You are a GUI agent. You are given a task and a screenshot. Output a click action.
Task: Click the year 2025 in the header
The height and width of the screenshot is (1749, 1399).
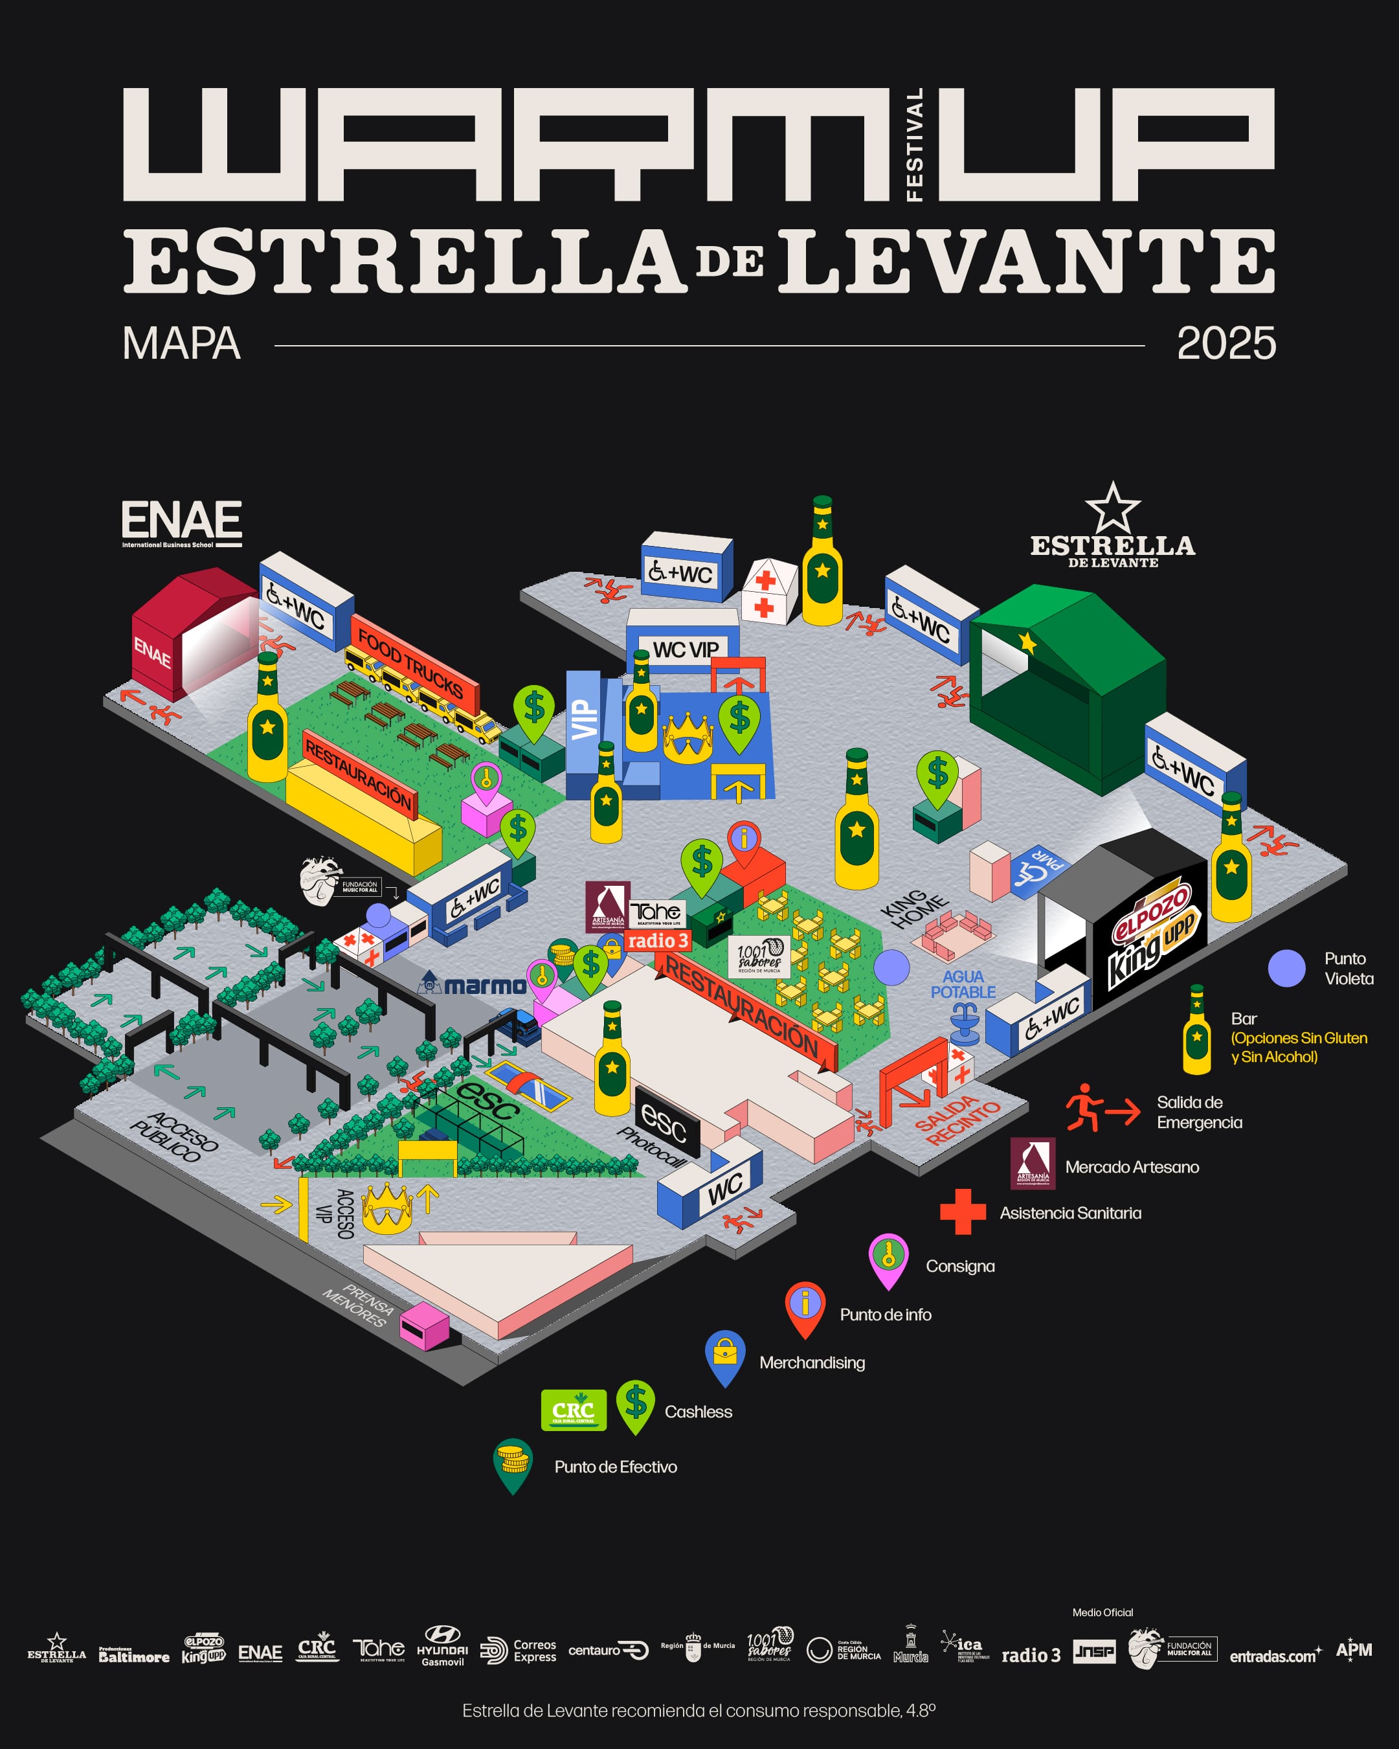[x=1226, y=344]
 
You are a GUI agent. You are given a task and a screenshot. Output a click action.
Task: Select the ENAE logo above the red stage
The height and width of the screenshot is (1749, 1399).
[x=182, y=523]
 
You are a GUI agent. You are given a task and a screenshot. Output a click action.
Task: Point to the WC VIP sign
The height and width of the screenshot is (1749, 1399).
[x=686, y=649]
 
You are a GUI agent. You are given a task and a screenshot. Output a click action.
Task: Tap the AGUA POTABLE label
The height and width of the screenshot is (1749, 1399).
[x=963, y=984]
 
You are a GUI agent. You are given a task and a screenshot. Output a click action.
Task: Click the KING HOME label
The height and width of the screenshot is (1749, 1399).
[x=912, y=908]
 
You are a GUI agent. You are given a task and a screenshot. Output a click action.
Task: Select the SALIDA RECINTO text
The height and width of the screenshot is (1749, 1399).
[x=957, y=1120]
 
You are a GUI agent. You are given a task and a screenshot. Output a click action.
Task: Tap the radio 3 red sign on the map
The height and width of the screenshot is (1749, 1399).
[x=657, y=941]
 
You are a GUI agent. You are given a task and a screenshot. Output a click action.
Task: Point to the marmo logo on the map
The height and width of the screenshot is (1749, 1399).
[x=473, y=985]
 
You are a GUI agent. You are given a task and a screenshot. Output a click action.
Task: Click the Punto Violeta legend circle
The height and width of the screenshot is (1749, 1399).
[x=1286, y=968]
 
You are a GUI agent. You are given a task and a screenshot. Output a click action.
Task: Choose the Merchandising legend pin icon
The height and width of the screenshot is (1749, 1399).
[x=725, y=1355]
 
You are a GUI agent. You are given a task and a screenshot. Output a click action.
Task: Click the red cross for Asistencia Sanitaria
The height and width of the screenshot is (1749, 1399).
[x=963, y=1212]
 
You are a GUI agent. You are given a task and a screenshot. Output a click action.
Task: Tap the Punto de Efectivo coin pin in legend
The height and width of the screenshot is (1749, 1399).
[x=513, y=1463]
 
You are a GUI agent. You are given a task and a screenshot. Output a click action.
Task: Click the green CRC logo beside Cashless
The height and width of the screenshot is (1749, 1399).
[x=574, y=1410]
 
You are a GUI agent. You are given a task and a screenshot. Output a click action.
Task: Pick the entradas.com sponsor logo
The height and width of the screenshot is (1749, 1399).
[x=1275, y=1656]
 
